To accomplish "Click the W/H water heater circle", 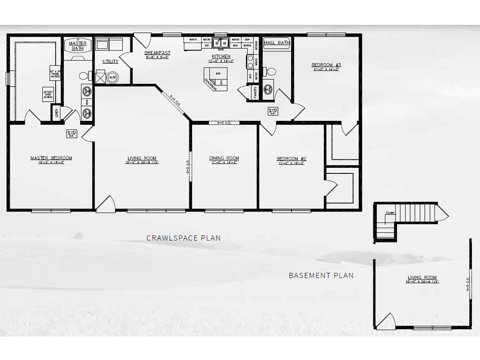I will pos(112,77).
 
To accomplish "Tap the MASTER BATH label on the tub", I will pos(78,45).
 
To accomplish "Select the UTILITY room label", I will pos(111,61).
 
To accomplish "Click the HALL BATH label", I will pos(277,43).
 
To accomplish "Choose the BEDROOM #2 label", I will pos(291,158).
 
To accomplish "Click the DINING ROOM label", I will pos(224,158).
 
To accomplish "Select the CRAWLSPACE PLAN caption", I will pos(183,238).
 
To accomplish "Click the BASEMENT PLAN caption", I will pos(321,276).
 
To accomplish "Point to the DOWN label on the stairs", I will pos(390,213).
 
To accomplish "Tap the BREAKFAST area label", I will pos(157,52).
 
